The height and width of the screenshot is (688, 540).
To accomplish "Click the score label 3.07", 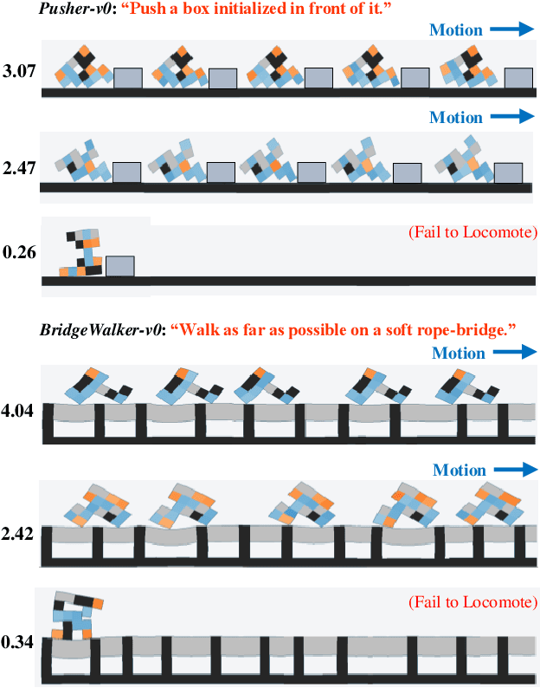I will pos(19,72).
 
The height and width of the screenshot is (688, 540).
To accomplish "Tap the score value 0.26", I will pos(19,254).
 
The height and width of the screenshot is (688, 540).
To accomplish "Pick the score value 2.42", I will pos(19,534).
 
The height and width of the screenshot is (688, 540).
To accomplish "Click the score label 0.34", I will pos(19,643).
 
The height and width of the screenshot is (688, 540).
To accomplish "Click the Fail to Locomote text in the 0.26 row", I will pos(472,232).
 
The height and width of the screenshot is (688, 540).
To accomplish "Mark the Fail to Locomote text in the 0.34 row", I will pos(472,602).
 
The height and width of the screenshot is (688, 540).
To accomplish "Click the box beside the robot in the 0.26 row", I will pos(119,266).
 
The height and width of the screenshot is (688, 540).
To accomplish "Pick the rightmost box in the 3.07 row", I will pos(517,78).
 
